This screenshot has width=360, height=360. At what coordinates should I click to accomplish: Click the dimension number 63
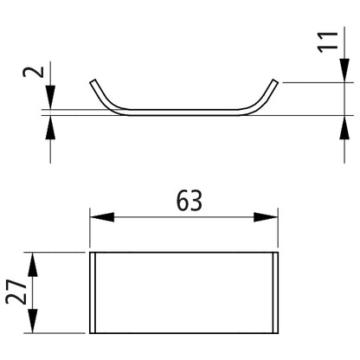coord(190,201)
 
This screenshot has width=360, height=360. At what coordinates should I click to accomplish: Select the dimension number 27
coord(16,292)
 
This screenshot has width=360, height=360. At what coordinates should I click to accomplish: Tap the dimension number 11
coord(328,42)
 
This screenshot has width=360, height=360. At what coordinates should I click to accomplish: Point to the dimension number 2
coord(34,72)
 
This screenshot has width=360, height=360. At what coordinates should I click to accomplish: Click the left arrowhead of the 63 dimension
coord(102,217)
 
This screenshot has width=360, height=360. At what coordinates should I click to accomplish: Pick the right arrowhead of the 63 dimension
coord(266,217)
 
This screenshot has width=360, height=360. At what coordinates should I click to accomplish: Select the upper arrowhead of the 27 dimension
coord(33,265)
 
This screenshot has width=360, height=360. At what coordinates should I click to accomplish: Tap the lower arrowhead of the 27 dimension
coord(33,321)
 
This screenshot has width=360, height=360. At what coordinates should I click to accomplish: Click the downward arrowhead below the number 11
coord(344,71)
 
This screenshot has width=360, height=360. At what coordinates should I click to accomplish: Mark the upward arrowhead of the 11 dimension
coord(344,127)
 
